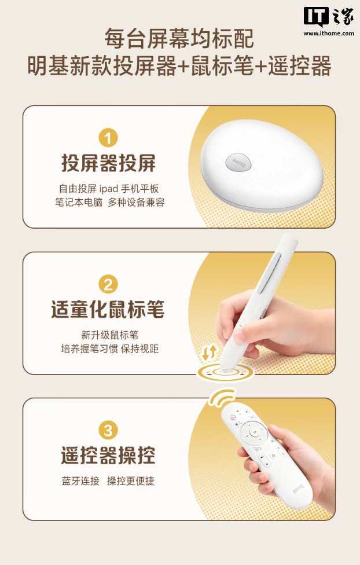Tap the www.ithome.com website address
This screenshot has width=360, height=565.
click(329, 34)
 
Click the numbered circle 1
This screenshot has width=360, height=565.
click(108, 138)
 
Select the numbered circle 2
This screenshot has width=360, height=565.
click(108, 284)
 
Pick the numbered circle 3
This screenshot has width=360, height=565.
click(108, 431)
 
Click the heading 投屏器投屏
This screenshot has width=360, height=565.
click(108, 164)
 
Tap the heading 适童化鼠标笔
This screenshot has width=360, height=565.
click(108, 310)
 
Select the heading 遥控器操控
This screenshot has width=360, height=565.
click(108, 456)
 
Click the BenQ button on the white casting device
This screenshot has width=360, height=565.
click(238, 162)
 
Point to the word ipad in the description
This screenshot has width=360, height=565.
click(109, 189)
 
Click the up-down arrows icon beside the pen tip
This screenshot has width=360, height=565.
click(210, 353)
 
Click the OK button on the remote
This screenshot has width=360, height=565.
click(255, 431)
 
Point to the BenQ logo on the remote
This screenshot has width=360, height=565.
click(298, 489)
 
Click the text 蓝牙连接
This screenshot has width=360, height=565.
click(80, 481)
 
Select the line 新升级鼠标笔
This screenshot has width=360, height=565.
click(109, 335)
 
